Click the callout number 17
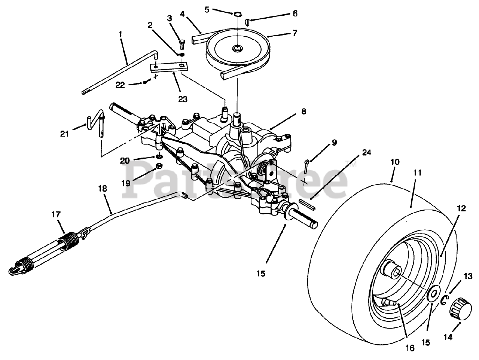coord(56,215)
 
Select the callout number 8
coord(303,111)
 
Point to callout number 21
coord(65,133)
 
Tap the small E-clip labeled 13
coord(445,300)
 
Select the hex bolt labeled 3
coord(182,43)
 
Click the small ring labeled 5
coord(238,14)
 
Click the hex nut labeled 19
coord(158,166)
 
